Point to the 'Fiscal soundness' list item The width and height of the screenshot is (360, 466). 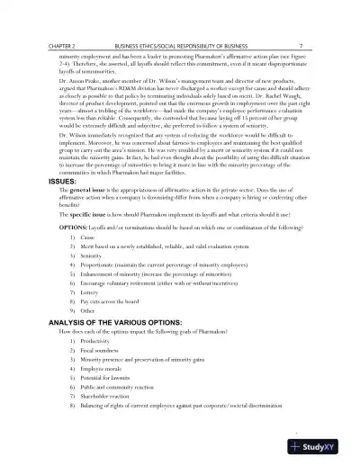click(x=103, y=351)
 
